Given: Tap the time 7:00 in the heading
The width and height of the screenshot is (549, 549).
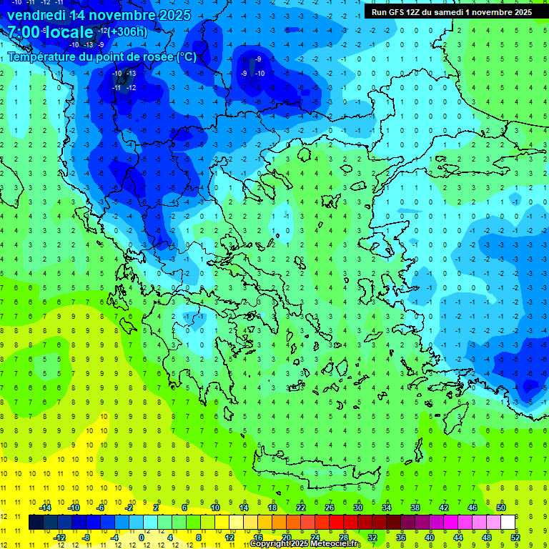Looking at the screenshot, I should [x=26, y=32].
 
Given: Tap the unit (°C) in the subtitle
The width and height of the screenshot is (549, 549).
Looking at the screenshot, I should [x=187, y=56].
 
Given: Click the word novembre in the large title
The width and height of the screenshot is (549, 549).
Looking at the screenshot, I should [x=125, y=15].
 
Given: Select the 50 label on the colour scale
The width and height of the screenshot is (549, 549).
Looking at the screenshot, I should [x=500, y=508].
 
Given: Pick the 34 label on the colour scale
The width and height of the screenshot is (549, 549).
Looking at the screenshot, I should [x=386, y=508].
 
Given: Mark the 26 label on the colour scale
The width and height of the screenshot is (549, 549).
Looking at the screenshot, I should [x=329, y=508].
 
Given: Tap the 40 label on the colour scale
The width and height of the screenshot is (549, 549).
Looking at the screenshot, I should [x=430, y=538].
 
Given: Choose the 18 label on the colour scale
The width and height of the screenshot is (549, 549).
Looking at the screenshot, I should [x=272, y=508].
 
